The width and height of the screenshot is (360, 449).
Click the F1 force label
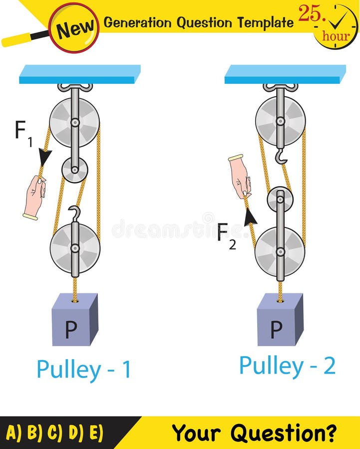[23, 134]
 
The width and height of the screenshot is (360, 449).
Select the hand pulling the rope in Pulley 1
[34, 196]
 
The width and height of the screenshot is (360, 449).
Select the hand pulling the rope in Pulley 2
[240, 177]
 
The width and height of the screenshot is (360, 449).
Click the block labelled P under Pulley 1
[74, 320]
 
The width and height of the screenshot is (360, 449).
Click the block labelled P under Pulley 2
[280, 320]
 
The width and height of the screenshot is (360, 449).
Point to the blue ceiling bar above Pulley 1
[80, 74]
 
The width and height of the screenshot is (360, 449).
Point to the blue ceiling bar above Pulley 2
[285, 74]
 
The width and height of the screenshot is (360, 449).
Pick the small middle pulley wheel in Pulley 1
[74, 170]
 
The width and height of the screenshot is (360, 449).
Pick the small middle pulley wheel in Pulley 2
[280, 199]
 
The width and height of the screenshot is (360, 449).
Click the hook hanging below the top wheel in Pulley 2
[281, 155]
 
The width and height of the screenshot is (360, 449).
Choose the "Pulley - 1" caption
[84, 369]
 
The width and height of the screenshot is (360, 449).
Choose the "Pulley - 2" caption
[287, 366]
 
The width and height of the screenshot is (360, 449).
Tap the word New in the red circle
[74, 28]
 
